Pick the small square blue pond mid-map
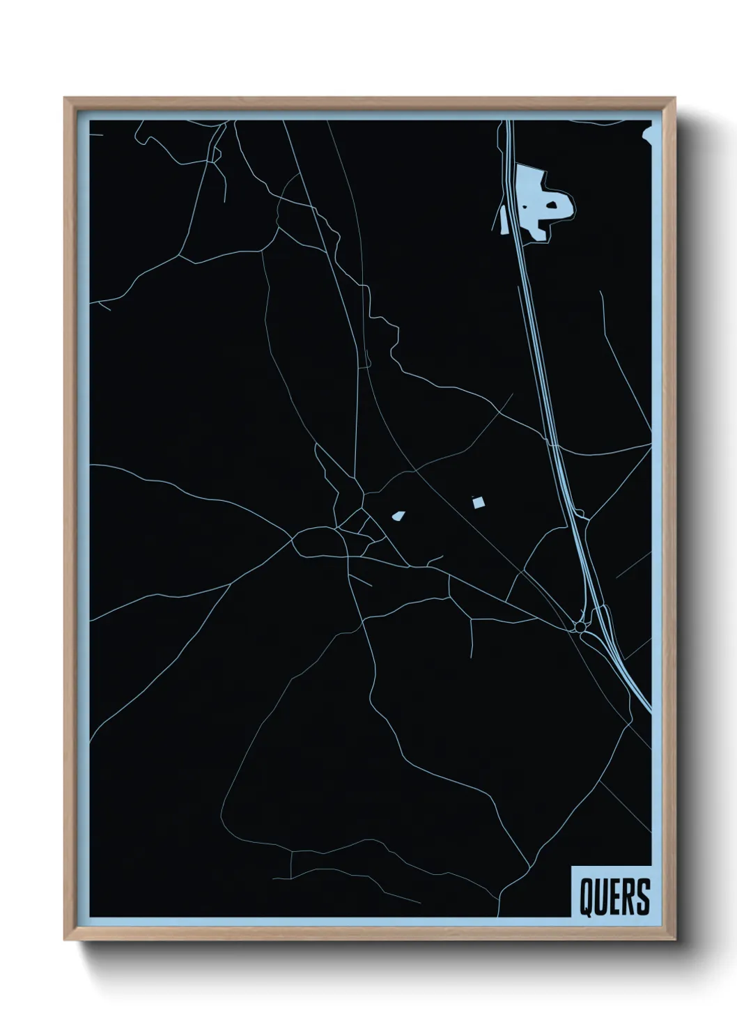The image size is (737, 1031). point(478,502)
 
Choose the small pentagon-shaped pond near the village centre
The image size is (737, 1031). point(398,516)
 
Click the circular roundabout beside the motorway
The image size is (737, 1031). point(580,628)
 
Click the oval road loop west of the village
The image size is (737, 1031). point(317,542)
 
